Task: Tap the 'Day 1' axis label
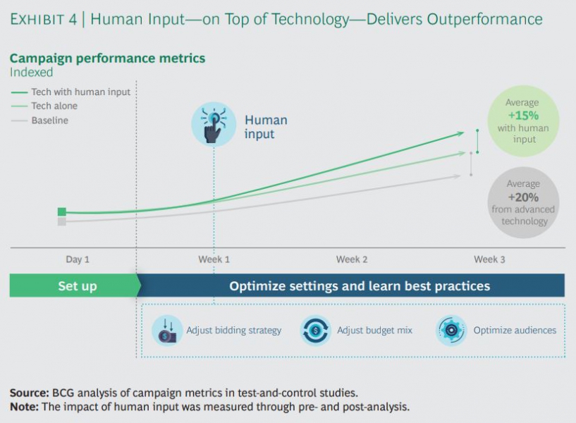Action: pyautogui.click(x=78, y=259)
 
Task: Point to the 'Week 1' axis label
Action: pyautogui.click(x=214, y=259)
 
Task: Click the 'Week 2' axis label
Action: pyautogui.click(x=352, y=259)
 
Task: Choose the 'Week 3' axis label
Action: pyautogui.click(x=489, y=259)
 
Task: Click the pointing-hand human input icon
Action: pyautogui.click(x=214, y=125)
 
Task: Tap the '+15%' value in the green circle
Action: pyautogui.click(x=523, y=116)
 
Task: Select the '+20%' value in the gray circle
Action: pyautogui.click(x=523, y=197)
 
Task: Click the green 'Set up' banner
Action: pyautogui.click(x=75, y=286)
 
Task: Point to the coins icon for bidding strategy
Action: pyautogui.click(x=167, y=331)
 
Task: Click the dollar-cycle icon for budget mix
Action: pyautogui.click(x=315, y=331)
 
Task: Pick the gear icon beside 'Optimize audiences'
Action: pyautogui.click(x=451, y=331)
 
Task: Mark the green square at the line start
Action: pyautogui.click(x=62, y=211)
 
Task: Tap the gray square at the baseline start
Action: pyautogui.click(x=62, y=221)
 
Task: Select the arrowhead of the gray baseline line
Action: pyautogui.click(x=457, y=176)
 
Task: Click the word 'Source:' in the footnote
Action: pyautogui.click(x=30, y=393)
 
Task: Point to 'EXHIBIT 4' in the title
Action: pyautogui.click(x=44, y=19)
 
